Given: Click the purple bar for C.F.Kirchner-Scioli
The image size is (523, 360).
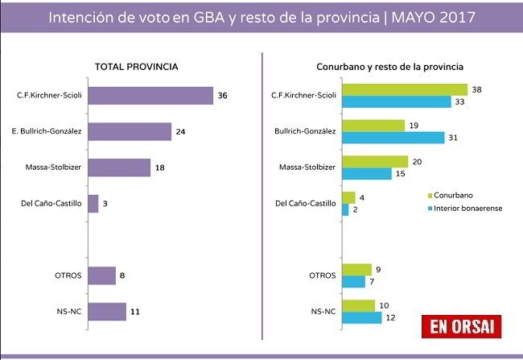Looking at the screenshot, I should click(150, 96).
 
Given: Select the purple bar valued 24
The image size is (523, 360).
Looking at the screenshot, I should click(129, 131).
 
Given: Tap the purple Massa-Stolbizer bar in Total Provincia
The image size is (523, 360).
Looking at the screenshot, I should click(118, 168).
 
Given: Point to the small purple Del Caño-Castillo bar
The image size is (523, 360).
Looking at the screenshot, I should click(93, 204).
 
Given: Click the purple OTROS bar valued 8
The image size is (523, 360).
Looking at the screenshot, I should click(101, 275).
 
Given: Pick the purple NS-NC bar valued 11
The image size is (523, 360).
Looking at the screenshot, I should click(106, 312).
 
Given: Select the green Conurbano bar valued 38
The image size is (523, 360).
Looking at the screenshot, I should click(405, 89).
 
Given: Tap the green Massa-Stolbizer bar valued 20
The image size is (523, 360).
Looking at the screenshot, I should click(375, 161).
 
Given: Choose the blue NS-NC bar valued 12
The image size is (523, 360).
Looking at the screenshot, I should click(362, 318).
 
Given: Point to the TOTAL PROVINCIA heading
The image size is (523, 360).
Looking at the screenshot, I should click(136, 66).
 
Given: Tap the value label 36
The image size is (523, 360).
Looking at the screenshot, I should click(223, 96).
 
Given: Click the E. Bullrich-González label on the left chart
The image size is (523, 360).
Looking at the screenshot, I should click(49, 131).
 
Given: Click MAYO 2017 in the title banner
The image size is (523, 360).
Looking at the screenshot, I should click(427, 16).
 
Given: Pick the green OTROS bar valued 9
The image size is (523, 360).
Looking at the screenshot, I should click(356, 270).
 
